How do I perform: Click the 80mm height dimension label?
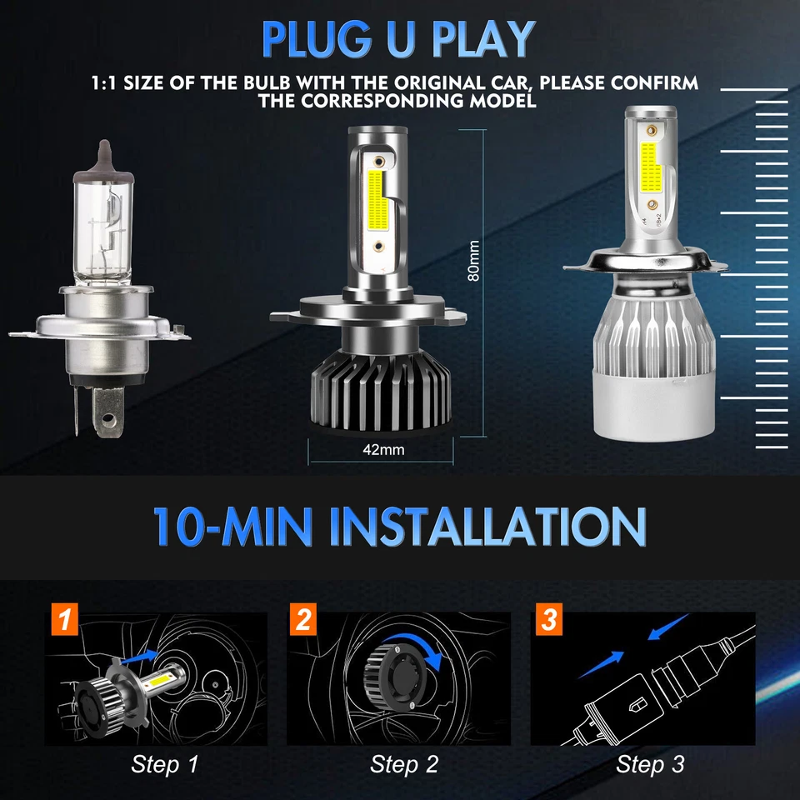click(473, 262)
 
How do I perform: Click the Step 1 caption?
click(165, 763)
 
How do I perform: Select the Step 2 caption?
click(404, 763)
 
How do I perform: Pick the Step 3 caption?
click(650, 763)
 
